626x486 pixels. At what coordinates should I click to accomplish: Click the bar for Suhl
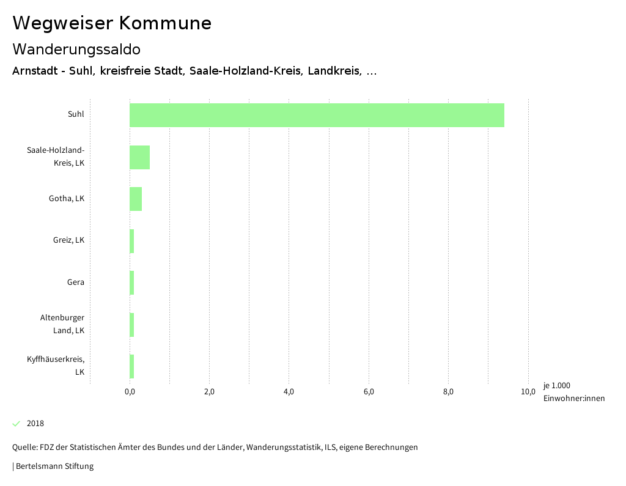(317, 115)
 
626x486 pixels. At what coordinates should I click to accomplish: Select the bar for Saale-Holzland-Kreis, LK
(139, 157)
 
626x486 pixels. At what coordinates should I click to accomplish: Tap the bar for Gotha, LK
(136, 199)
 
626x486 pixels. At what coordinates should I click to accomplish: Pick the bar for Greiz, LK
(132, 240)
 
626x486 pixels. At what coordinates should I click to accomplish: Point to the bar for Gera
(132, 282)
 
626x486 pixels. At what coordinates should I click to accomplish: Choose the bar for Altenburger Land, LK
(132, 325)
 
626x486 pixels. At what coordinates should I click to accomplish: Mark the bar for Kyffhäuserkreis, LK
(132, 366)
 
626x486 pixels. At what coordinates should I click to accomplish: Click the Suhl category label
(76, 114)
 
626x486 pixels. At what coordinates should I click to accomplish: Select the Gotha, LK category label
(67, 199)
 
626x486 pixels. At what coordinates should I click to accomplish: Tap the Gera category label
(76, 282)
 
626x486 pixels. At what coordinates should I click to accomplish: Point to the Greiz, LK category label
(68, 240)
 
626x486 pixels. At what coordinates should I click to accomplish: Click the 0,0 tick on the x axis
(130, 392)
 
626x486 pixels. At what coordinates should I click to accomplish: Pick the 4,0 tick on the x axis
(289, 392)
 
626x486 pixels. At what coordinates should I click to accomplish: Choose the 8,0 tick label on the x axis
(448, 392)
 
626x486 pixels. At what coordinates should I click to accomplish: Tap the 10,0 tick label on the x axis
(528, 392)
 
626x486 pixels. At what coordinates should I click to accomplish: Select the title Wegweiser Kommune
(112, 23)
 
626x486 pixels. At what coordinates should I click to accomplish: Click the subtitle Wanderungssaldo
(76, 50)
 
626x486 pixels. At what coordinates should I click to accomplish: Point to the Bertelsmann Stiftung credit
(54, 466)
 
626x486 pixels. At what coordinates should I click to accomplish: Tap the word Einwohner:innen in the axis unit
(573, 399)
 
